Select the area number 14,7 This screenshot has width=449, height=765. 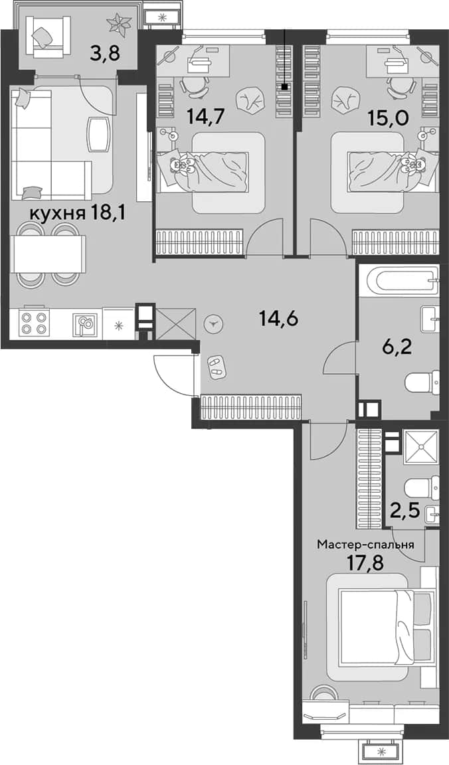coord(203,117)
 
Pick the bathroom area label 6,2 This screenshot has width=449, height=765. coord(390,349)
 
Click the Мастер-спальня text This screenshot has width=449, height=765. coord(365,545)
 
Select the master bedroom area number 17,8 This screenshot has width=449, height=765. coord(365,563)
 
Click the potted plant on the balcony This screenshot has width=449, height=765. coord(120,23)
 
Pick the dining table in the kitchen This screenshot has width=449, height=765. coord(50,254)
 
